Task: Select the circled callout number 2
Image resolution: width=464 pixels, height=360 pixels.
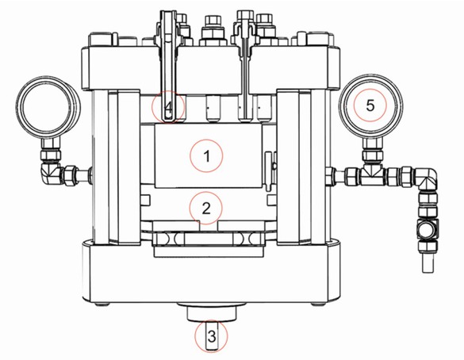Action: [x=206, y=209]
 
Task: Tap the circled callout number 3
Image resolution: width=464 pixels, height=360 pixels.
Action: [x=211, y=337]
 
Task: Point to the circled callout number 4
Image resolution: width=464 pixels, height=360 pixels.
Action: [x=168, y=106]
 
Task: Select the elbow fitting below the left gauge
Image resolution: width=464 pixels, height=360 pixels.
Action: [x=48, y=170]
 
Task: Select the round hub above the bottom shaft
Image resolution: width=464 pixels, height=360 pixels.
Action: [x=210, y=312]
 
